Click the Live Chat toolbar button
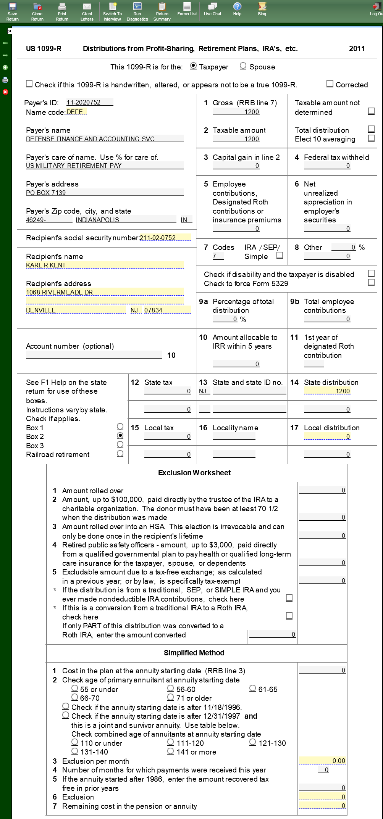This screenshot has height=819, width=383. pyautogui.click(x=212, y=9)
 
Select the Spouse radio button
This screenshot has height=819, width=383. pyautogui.click(x=243, y=66)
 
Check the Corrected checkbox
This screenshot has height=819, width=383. pyautogui.click(x=330, y=84)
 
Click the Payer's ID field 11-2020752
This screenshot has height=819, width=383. pyautogui.click(x=89, y=102)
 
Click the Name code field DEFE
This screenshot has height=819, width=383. pyautogui.click(x=76, y=112)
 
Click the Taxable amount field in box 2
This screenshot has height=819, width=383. pyautogui.click(x=236, y=139)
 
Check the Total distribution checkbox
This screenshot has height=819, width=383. pyautogui.click(x=371, y=129)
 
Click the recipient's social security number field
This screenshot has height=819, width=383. pyautogui.click(x=165, y=238)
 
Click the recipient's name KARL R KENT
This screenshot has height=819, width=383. pyautogui.click(x=105, y=265)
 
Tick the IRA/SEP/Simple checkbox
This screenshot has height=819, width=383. pyautogui.click(x=280, y=256)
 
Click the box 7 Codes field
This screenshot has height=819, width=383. pyautogui.click(x=218, y=256)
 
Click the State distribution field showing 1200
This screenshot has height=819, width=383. pyautogui.click(x=327, y=391)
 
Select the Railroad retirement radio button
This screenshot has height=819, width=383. pyautogui.click(x=120, y=454)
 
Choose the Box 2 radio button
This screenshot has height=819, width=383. pyautogui.click(x=120, y=436)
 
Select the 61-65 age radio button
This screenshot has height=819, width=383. pyautogui.click(x=252, y=689)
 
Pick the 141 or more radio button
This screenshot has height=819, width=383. pyautogui.click(x=171, y=751)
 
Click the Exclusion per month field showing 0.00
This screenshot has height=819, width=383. pyautogui.click(x=322, y=761)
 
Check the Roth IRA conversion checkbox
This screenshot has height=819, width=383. pyautogui.click(x=289, y=616)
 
